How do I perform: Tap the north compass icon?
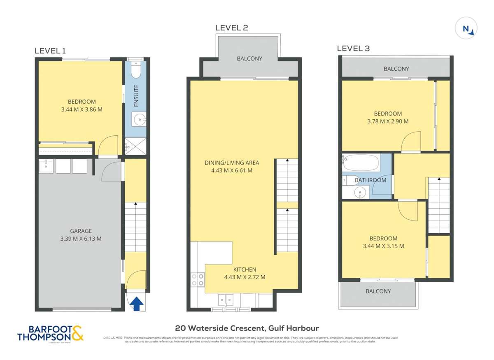tap(467, 29)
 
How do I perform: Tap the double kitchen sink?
tap(225, 299)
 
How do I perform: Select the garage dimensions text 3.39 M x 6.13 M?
tap(81, 238)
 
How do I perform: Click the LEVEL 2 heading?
tap(232, 28)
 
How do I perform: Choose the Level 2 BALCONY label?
tap(249, 58)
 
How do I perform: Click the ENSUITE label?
tap(136, 95)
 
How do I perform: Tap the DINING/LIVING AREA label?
tap(232, 163)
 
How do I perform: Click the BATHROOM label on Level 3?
tap(370, 180)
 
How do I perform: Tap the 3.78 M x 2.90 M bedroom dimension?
tap(387, 121)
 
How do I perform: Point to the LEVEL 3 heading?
tap(353, 49)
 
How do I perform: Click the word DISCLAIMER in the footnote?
tap(112, 338)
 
